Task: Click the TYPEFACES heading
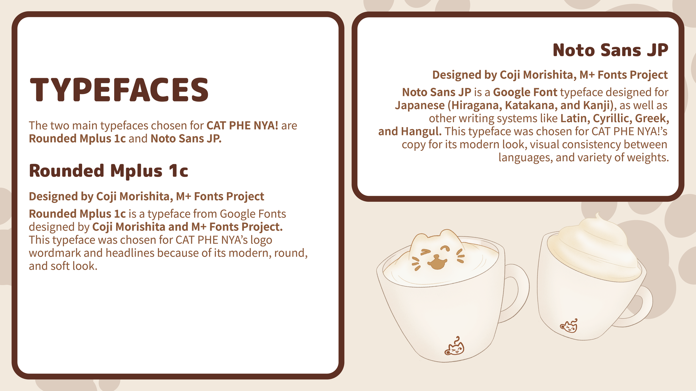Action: (119, 90)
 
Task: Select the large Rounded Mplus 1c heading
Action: (109, 171)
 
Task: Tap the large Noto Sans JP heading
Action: (610, 50)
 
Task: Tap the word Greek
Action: (652, 118)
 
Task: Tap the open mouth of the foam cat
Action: (437, 263)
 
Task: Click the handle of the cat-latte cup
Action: (519, 292)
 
